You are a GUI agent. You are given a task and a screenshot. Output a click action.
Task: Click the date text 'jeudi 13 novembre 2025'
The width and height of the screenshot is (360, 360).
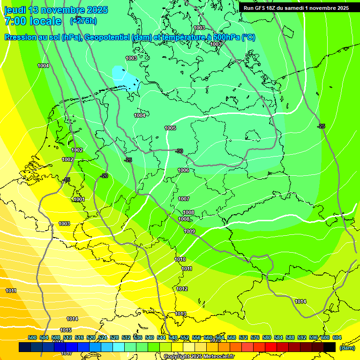[x=56, y=10]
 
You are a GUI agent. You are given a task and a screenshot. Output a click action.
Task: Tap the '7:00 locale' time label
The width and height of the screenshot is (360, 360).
[x=32, y=21]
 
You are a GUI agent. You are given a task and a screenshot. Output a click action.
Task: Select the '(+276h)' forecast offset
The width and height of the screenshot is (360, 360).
[x=84, y=21]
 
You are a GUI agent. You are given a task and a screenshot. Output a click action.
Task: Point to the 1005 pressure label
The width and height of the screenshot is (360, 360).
[x=170, y=128]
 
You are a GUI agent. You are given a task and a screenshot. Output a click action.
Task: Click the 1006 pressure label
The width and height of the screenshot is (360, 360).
[x=183, y=170]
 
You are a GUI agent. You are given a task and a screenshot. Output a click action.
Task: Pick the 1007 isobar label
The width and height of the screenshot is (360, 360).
[x=184, y=199]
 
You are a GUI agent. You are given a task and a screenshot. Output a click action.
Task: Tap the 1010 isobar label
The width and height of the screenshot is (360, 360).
[x=180, y=259]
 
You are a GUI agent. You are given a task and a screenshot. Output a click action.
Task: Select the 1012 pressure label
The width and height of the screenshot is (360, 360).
[x=182, y=289]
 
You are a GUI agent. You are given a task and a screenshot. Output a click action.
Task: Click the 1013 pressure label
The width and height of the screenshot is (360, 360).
[x=180, y=314]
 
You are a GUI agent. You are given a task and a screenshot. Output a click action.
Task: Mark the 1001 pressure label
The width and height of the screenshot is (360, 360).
[x=79, y=199]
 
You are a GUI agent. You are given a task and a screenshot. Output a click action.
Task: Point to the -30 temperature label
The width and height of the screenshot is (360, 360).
[x=179, y=151]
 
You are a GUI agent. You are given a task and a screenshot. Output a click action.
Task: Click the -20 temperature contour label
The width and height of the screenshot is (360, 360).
[x=104, y=176]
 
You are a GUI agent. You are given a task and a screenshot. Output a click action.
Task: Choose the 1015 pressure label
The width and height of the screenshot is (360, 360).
[x=66, y=330]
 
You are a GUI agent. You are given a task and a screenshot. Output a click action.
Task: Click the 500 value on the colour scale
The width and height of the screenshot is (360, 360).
[x=32, y=337]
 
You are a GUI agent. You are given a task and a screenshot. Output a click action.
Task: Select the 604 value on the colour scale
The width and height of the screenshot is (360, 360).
[x=337, y=337]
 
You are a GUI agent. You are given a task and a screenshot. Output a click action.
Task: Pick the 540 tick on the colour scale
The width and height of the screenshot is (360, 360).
[x=150, y=337]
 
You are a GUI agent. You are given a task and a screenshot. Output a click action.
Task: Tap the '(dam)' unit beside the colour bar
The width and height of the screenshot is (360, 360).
[x=346, y=348]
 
